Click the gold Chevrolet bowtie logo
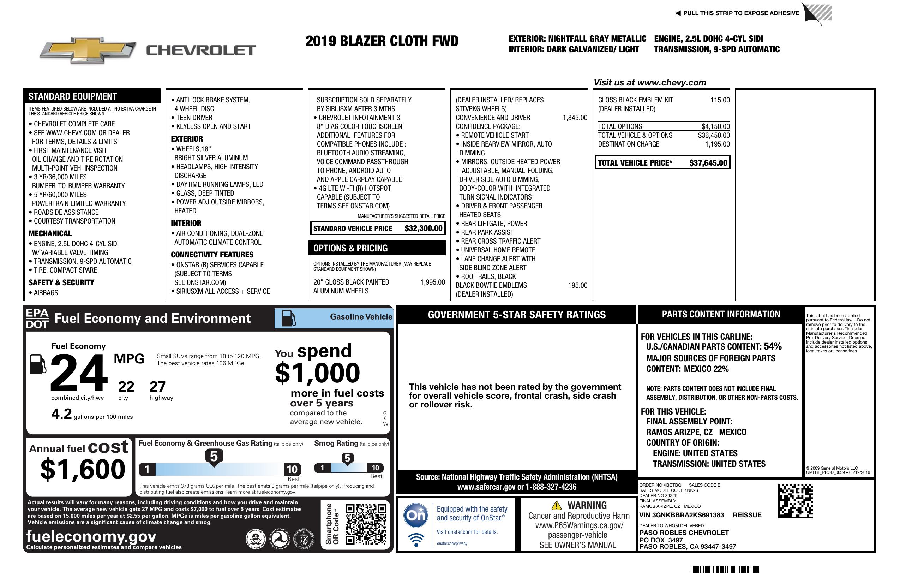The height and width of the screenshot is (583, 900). pos(88,50)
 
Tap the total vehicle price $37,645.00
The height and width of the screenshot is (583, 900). pos(708,163)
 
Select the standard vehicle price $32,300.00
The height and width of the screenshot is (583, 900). pos(423,228)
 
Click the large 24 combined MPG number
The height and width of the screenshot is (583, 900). pos(79,373)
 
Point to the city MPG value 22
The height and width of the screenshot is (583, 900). pos(126,387)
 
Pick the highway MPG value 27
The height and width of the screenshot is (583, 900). pos(157,387)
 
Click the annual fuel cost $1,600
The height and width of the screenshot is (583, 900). pos(83,469)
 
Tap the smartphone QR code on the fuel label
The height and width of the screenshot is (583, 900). pos(366,524)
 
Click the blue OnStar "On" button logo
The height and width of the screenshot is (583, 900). pos(416,515)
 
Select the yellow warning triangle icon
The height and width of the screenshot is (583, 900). pos(556,506)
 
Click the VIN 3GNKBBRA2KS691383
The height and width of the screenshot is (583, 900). pos(682,515)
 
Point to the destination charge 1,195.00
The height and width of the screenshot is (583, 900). pos(717,144)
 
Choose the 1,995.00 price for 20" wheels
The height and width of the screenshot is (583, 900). pos(432,282)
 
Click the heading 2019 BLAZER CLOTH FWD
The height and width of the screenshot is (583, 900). pos(382,41)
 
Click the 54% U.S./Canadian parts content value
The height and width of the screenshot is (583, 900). pos(773,346)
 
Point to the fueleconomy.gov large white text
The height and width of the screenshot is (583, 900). pos(91,536)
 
